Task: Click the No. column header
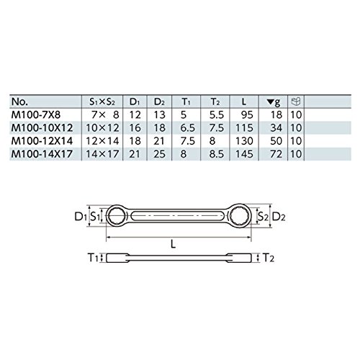coord(19,102)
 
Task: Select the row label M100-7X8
coord(36,115)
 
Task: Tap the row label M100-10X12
coord(42,128)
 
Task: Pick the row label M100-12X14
coord(42,141)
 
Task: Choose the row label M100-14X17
coord(42,154)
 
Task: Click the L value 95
coord(247,115)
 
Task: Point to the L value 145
coord(244,154)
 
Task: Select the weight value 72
coord(276,154)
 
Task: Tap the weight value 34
coord(276,128)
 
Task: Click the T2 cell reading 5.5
coord(217,115)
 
